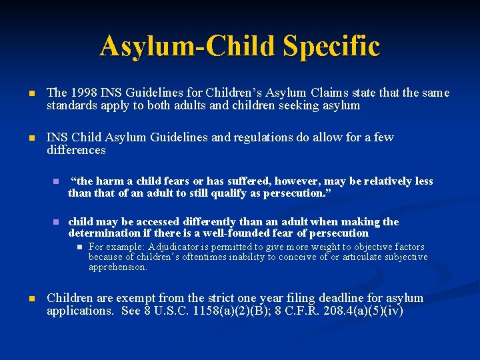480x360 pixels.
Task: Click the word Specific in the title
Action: click(x=331, y=46)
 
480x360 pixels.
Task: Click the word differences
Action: click(x=76, y=150)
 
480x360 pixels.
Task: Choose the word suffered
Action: click(x=253, y=181)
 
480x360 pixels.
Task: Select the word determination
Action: click(x=104, y=233)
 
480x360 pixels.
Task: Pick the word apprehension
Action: click(x=117, y=267)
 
